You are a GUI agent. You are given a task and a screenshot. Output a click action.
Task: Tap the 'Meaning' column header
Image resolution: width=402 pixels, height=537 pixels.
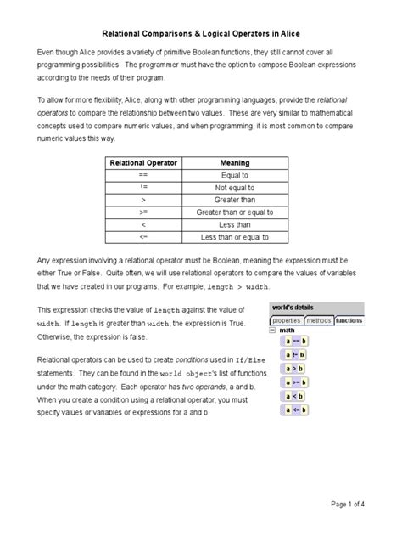click(x=234, y=162)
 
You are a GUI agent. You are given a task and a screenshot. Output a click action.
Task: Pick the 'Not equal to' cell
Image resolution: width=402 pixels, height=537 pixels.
click(x=234, y=188)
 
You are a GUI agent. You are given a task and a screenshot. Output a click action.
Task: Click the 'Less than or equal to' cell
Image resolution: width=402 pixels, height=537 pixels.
click(x=234, y=237)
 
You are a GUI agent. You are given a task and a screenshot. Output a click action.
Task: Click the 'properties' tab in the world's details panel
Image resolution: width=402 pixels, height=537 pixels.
click(x=286, y=320)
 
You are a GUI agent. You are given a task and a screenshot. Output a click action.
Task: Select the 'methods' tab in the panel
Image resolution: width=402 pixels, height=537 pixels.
click(x=318, y=320)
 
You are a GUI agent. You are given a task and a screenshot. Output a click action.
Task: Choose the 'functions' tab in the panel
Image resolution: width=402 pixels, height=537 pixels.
click(x=348, y=320)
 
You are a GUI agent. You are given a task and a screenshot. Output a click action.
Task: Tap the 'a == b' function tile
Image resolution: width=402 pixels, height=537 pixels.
click(x=297, y=341)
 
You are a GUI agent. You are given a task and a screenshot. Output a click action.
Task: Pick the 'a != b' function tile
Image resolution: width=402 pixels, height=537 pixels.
click(x=297, y=355)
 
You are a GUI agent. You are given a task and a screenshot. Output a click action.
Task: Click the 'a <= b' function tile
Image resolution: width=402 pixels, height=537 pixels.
click(x=297, y=410)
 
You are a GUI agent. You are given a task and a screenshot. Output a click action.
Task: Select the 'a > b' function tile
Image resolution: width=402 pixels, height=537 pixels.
click(x=297, y=369)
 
